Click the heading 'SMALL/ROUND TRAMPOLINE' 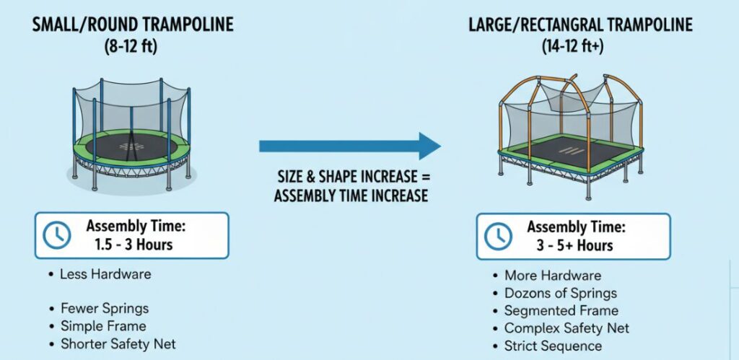(132, 25)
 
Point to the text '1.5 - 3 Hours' (134, 245)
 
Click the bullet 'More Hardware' (552, 276)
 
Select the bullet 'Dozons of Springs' (560, 294)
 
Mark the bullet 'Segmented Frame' (561, 311)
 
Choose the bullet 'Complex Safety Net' (567, 328)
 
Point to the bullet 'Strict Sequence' (553, 346)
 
